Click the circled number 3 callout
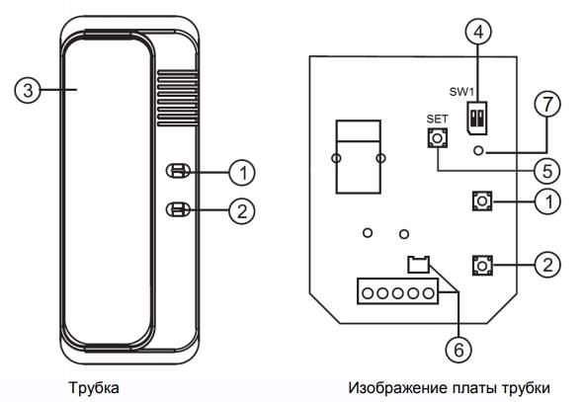(28, 90)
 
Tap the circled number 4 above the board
(478, 32)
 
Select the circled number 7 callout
(546, 104)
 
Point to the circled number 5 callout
(546, 171)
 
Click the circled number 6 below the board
(459, 349)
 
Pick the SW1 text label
(461, 92)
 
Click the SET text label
(437, 120)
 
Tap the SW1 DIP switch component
(476, 118)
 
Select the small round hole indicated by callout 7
(479, 151)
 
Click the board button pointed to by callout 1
(482, 201)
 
